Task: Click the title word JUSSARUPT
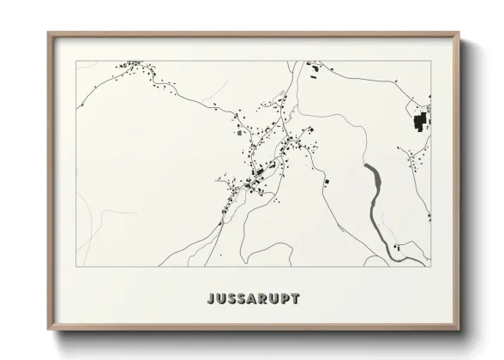253,299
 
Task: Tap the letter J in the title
211,299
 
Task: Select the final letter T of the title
296,299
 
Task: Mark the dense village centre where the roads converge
257,176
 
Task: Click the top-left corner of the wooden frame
49,33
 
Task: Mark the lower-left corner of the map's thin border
76,267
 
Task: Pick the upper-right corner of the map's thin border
430,61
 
